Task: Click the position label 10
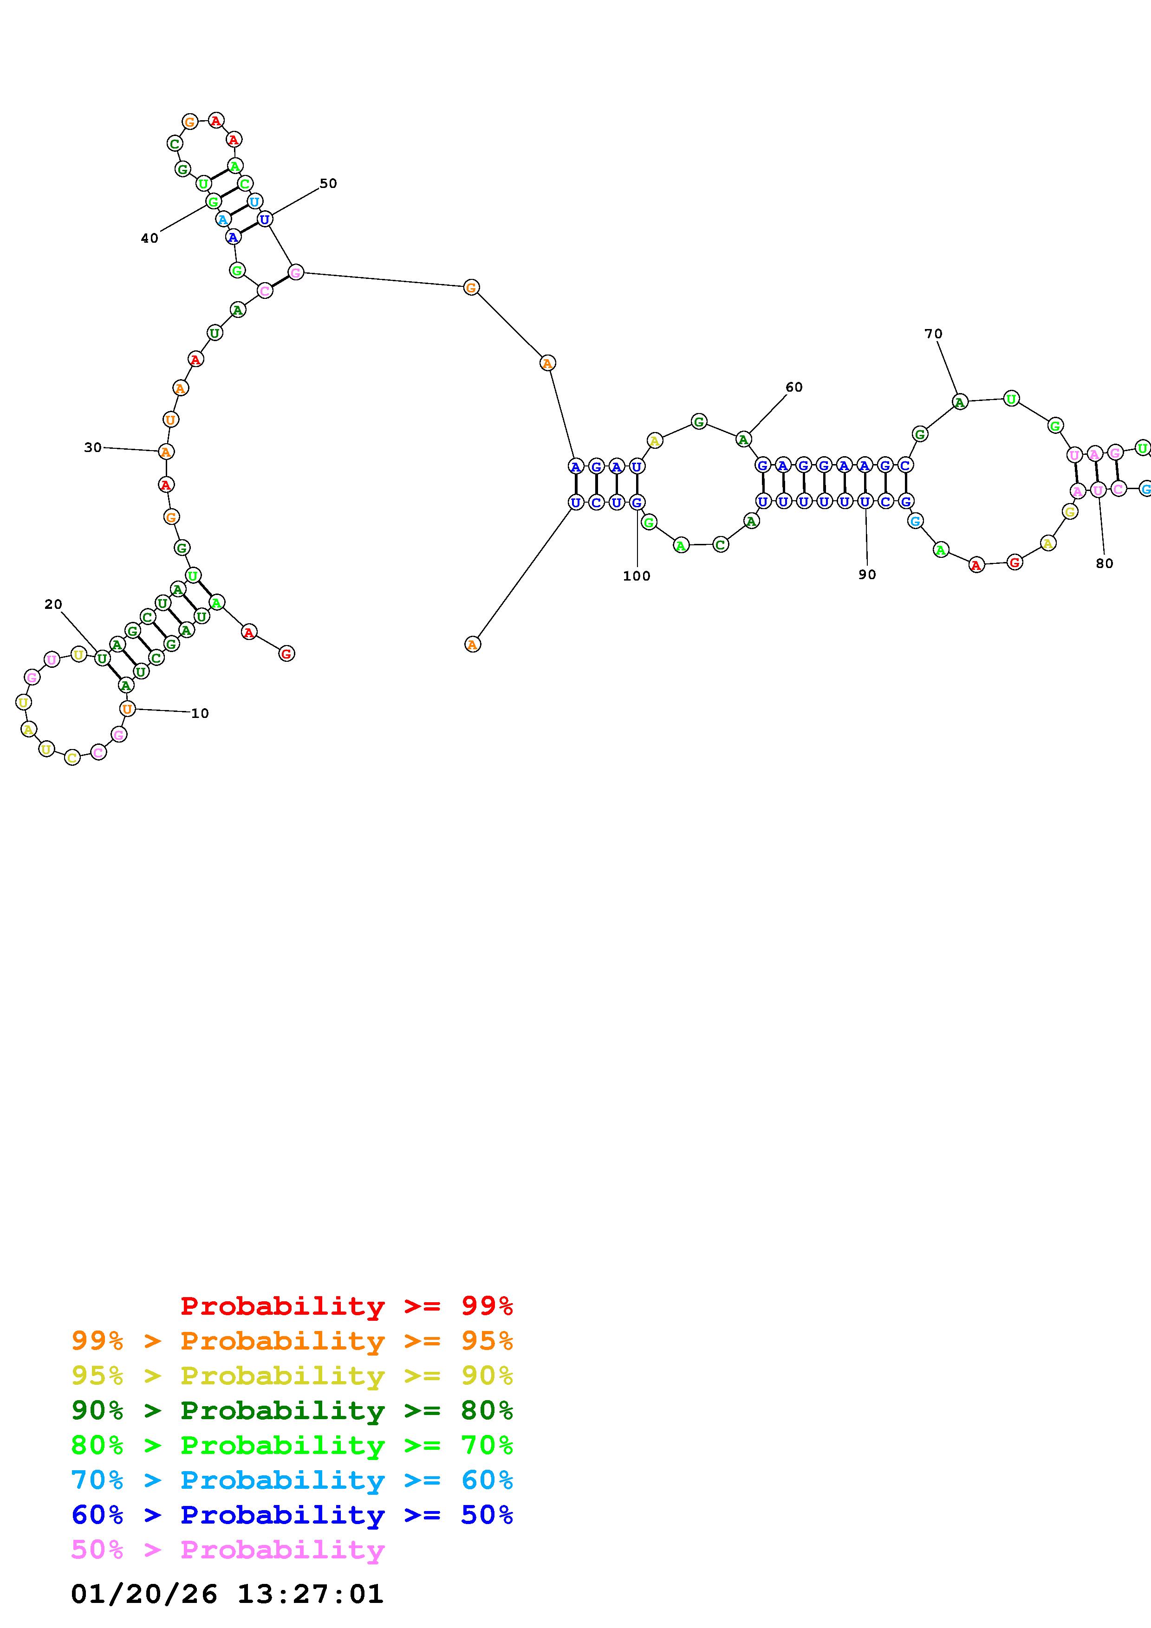coord(200,713)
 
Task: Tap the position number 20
coord(53,604)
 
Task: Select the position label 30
coord(93,447)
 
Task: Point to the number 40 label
coord(150,238)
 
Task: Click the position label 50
coord(328,184)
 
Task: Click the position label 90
coord(867,575)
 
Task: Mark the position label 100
coord(636,576)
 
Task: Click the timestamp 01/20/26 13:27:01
coord(227,1594)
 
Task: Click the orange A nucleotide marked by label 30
coord(166,452)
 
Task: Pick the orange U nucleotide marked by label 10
coord(127,708)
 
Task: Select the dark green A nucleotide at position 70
coord(960,402)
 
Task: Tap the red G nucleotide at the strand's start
coord(286,654)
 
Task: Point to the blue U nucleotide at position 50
coord(265,219)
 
